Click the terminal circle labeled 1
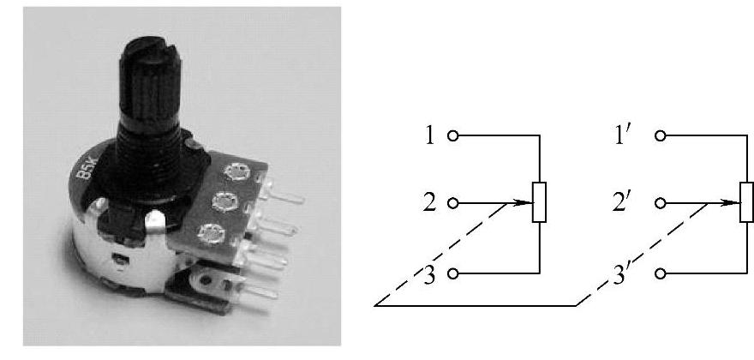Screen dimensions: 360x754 coord(454,135)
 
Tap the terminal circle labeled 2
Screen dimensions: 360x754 coord(454,204)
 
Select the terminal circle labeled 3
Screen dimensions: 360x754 coord(454,273)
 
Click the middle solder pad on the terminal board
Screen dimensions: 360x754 coord(224,202)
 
